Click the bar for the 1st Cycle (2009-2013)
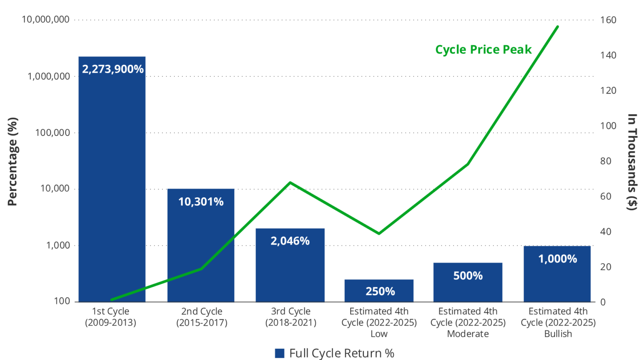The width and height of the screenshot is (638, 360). [112, 187]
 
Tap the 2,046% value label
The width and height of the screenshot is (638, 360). [290, 241]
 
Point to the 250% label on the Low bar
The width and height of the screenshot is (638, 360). [380, 291]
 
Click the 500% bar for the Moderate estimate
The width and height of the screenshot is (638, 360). [468, 287]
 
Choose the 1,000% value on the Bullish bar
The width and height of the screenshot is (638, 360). [557, 259]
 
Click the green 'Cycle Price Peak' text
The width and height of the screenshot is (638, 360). [483, 49]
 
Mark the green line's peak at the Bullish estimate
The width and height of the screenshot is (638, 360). [557, 27]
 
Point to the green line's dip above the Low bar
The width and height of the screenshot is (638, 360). [379, 233]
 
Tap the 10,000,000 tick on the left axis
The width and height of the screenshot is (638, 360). [46, 20]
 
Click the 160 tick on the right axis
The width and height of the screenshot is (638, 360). [608, 20]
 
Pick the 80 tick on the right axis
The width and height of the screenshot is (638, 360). [606, 161]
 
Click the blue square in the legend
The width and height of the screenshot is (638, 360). [280, 353]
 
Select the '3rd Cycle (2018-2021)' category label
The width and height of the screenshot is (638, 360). [290, 317]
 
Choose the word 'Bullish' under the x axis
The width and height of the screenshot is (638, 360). [558, 334]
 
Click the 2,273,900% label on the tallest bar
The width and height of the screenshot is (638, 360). [113, 69]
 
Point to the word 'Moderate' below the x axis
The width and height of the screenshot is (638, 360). [468, 334]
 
